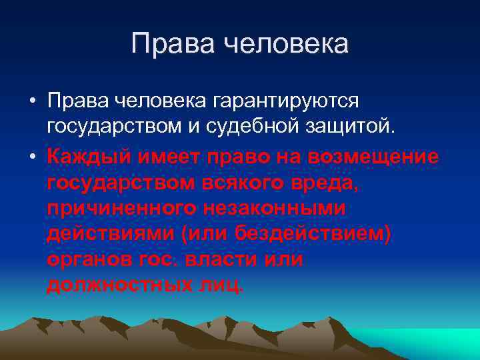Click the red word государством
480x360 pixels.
coord(122,183)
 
